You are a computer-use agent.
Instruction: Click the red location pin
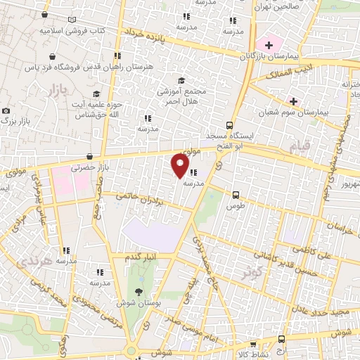click(181, 165)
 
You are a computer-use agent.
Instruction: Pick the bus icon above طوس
click(235, 195)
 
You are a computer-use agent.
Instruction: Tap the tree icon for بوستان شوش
click(138, 292)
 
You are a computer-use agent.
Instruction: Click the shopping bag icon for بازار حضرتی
click(89, 157)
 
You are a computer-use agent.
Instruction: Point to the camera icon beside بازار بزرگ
click(6, 111)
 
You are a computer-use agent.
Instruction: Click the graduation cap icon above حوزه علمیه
click(96, 94)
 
